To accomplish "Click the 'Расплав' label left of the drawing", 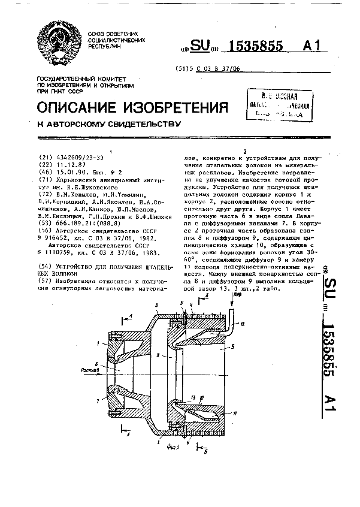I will (85, 370).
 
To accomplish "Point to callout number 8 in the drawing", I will (158, 355).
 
